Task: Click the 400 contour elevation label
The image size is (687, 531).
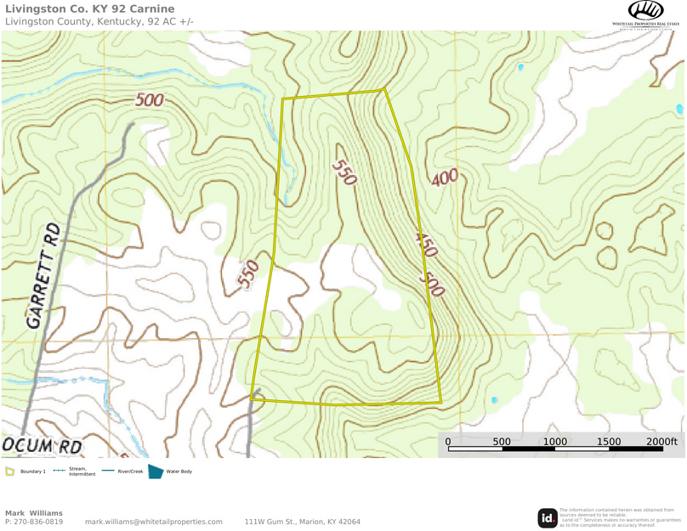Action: click(444, 178)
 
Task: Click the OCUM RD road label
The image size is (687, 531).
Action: click(42, 445)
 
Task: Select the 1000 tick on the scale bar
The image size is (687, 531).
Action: click(554, 442)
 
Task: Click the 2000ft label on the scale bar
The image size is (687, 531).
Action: click(661, 442)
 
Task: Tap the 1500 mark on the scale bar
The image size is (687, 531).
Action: click(609, 442)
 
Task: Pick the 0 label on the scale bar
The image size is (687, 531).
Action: click(448, 442)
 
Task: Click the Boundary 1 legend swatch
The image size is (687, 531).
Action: click(9, 472)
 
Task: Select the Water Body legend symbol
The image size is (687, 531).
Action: click(156, 472)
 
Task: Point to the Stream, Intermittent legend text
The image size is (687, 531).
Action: click(82, 472)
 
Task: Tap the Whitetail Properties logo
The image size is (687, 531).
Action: click(645, 14)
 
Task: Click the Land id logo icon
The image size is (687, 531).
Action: click(548, 517)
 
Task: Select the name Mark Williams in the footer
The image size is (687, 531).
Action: click(34, 513)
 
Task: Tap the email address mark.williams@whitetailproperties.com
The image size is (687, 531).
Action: click(153, 522)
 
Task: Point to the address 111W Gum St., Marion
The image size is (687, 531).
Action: click(302, 522)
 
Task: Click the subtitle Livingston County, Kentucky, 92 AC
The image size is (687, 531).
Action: click(99, 21)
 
